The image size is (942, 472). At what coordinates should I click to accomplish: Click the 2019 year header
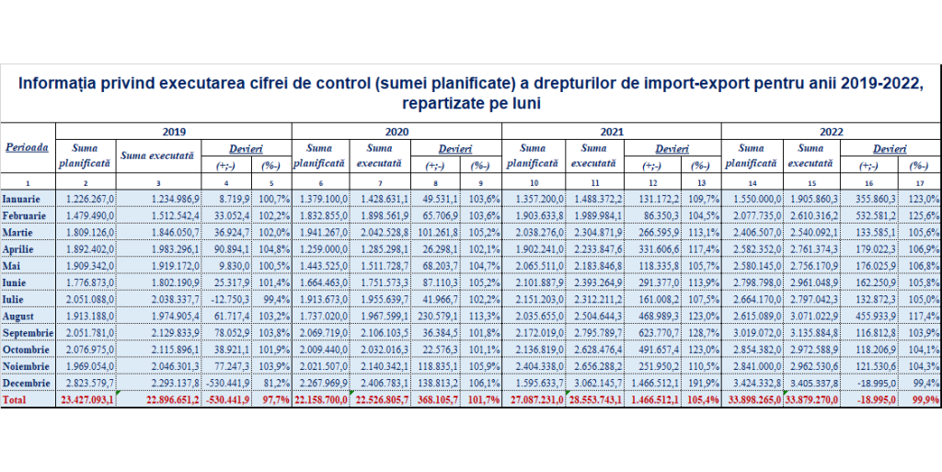click(x=174, y=130)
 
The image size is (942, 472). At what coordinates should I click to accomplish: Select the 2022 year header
click(x=831, y=130)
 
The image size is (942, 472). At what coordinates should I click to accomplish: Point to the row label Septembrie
click(x=30, y=331)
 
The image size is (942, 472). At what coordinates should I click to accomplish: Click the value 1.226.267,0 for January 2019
click(x=89, y=199)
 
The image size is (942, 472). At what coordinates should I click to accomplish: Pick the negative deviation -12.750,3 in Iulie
click(x=225, y=298)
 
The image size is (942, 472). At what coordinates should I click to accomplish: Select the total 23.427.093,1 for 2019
click(x=86, y=400)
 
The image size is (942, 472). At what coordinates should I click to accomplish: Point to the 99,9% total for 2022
click(x=923, y=400)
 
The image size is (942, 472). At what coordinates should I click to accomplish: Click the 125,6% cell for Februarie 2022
click(x=923, y=215)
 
